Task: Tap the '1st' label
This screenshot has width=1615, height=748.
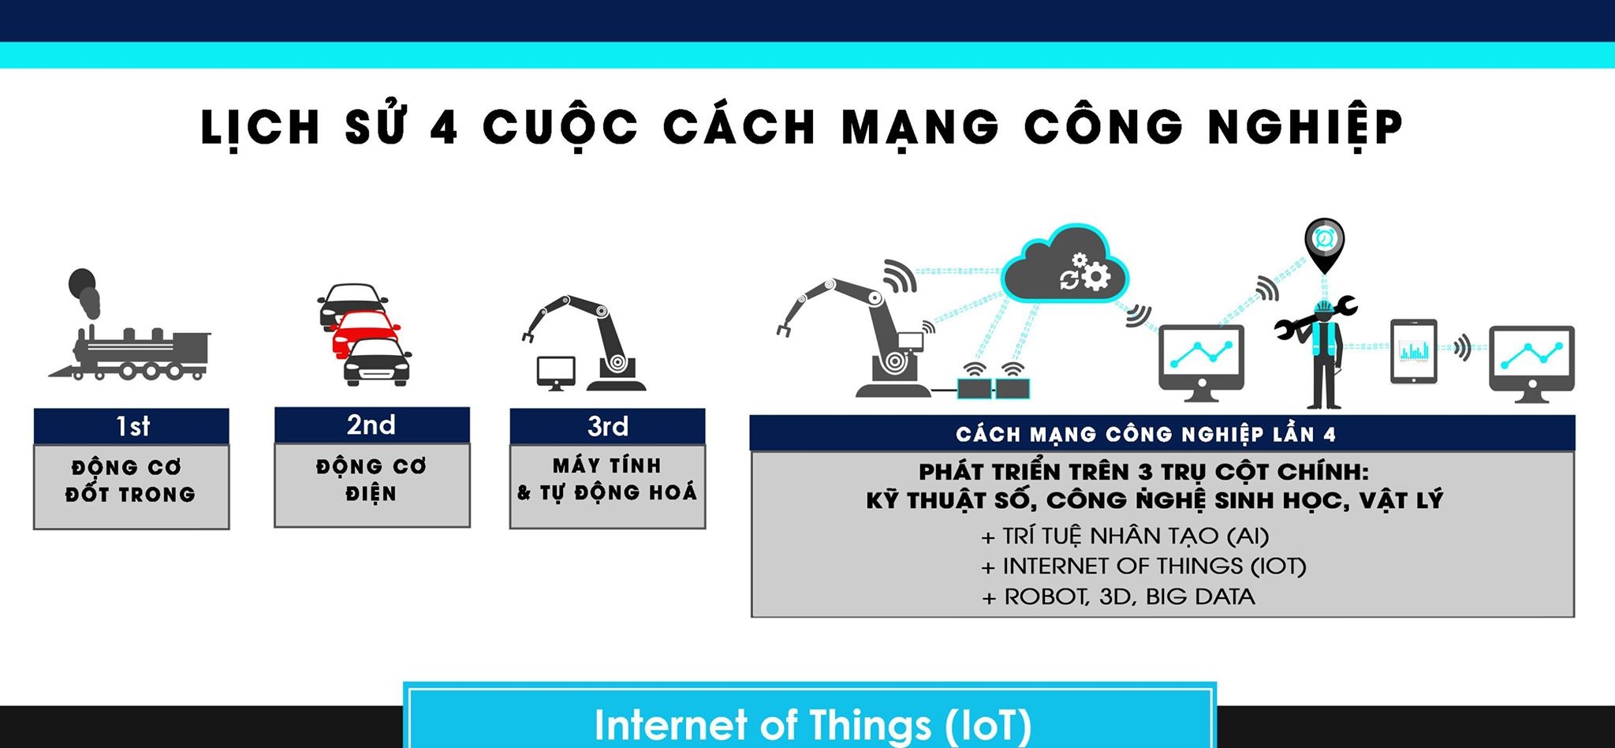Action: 132,427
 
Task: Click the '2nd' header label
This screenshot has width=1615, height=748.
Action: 371,425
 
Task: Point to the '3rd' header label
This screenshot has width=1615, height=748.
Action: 607,427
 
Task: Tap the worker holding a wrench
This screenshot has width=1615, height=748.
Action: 1322,351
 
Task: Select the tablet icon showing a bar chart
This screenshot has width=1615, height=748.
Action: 1413,352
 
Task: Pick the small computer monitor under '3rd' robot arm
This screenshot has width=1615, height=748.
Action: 555,372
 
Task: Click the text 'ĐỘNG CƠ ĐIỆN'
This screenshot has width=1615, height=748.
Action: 371,480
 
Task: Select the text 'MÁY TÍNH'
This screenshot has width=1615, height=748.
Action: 606,466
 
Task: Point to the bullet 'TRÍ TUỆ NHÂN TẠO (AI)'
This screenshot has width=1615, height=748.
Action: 1125,537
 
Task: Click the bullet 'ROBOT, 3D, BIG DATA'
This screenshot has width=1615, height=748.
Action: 1118,597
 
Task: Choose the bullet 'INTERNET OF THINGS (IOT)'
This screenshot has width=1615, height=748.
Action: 1143,567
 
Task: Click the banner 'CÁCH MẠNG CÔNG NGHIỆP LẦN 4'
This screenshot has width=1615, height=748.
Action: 1146,434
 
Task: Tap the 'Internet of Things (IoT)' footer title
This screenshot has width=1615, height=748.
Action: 812,724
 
